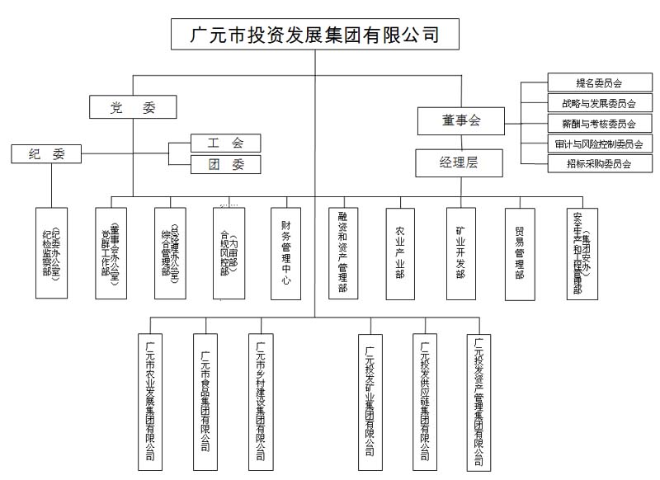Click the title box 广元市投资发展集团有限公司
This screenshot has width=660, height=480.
click(x=313, y=35)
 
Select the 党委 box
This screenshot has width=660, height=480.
click(x=132, y=107)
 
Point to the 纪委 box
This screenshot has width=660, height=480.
click(x=46, y=154)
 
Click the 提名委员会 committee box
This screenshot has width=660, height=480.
click(x=598, y=83)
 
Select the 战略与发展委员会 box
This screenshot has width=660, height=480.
click(x=598, y=104)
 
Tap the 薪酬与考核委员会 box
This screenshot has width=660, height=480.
click(x=598, y=125)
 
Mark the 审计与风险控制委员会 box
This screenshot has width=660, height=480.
click(x=598, y=144)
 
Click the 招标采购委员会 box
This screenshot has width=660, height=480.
click(x=598, y=164)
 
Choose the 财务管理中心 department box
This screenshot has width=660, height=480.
click(x=285, y=252)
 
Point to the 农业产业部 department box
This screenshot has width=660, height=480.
click(x=400, y=252)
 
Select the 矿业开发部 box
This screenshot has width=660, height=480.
click(x=460, y=252)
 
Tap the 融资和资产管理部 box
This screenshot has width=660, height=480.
click(x=342, y=252)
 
